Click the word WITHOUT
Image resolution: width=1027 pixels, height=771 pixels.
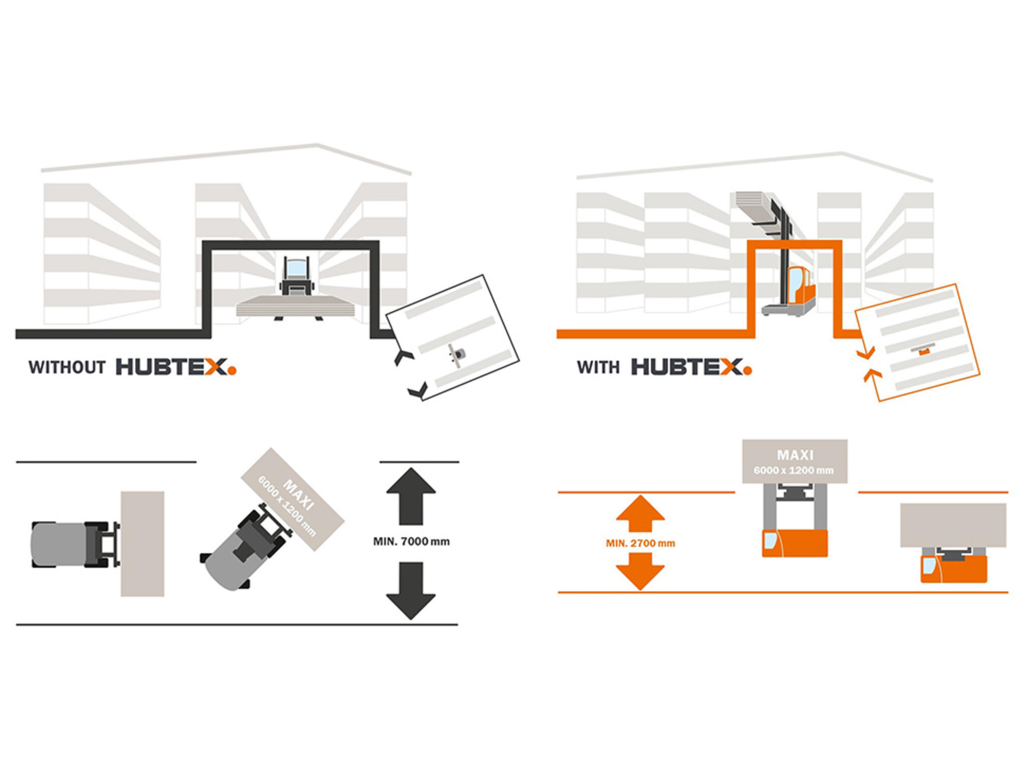pos(67,367)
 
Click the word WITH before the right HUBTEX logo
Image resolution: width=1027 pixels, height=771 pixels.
pos(598,367)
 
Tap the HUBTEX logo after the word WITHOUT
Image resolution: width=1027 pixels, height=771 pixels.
pos(176,367)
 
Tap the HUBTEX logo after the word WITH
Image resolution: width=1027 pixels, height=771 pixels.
pos(691,367)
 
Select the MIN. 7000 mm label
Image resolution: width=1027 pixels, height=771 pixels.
pos(411,542)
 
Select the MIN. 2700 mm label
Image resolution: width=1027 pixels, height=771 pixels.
pos(640,543)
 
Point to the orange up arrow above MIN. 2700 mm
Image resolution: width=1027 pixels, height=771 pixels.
pos(640,513)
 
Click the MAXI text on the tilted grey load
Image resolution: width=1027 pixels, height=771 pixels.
pos(299,494)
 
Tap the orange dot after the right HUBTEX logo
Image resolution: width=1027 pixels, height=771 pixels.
pos(748,371)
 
